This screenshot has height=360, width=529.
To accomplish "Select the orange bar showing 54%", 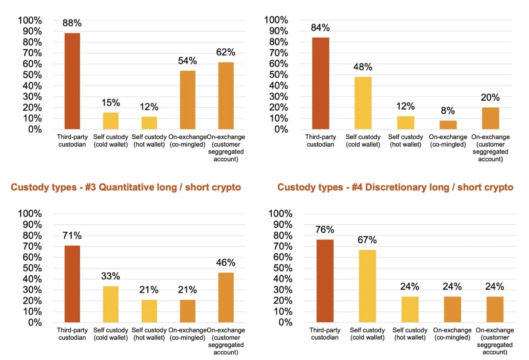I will click(x=187, y=100).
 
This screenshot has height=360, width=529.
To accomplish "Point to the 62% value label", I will click(x=226, y=52).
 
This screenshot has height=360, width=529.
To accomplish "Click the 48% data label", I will click(x=363, y=67).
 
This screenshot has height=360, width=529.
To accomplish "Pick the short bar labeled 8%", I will click(x=448, y=125).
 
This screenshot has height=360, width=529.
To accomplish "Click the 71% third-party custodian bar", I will click(x=72, y=283).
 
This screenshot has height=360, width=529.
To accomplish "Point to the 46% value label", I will click(x=226, y=262).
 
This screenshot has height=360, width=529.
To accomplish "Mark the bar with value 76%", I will click(x=326, y=280).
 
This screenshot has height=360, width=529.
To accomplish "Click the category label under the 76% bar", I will click(x=326, y=333).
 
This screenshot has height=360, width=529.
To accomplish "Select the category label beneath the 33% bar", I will click(x=111, y=333).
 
